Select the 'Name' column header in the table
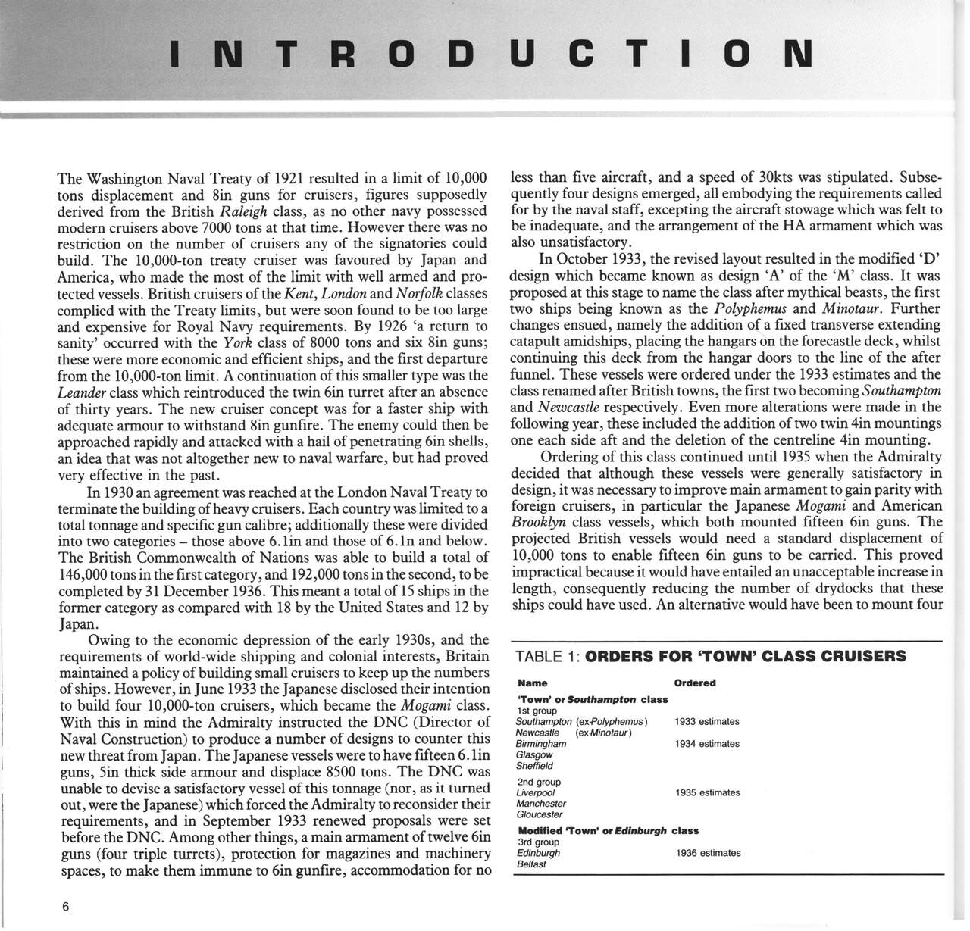point(532,683)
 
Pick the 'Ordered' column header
point(695,683)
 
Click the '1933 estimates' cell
point(707,722)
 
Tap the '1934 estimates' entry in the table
point(707,744)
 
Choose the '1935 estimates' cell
point(707,793)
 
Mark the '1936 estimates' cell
point(708,853)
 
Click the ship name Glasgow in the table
point(534,755)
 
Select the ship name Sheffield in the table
point(535,766)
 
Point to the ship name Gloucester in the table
point(540,815)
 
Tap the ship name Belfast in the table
point(531,864)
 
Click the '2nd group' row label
point(539,783)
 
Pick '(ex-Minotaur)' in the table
point(604,733)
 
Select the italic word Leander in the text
point(81,392)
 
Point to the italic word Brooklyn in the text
point(537,523)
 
